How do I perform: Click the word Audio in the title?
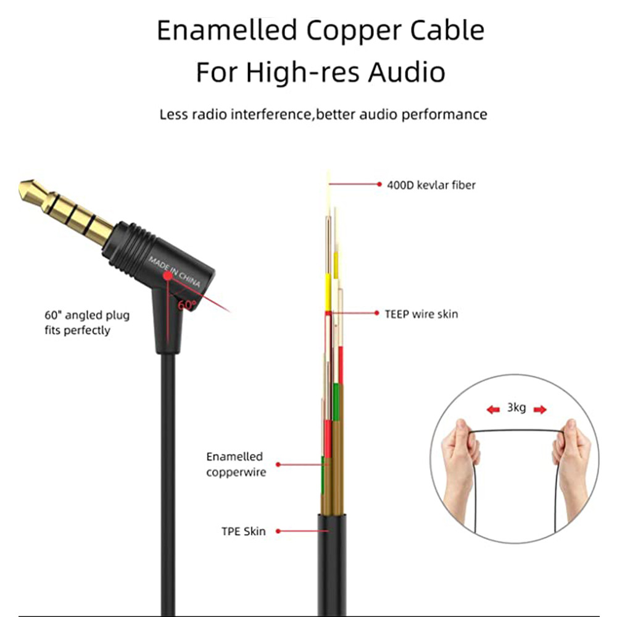point(407,72)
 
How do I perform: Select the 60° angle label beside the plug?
point(186,305)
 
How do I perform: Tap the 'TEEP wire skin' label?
point(421,313)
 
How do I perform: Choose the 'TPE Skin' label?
point(244,531)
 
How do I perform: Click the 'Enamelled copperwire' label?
point(235,465)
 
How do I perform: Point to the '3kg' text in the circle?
point(516,408)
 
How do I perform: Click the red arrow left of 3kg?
point(493,408)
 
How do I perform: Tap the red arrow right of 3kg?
point(540,408)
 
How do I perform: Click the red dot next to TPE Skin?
point(278,531)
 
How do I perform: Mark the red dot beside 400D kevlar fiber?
point(379,184)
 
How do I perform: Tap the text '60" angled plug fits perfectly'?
point(87,323)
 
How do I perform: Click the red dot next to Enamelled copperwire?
point(278,464)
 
